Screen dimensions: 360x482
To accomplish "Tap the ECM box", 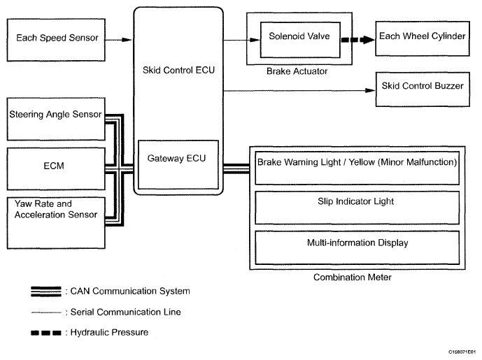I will coord(55,168).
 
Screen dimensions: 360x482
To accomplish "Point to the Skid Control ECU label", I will coord(178,71).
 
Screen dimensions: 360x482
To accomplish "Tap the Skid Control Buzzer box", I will coord(425,88).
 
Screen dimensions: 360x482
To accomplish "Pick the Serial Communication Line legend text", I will coord(122,311).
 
